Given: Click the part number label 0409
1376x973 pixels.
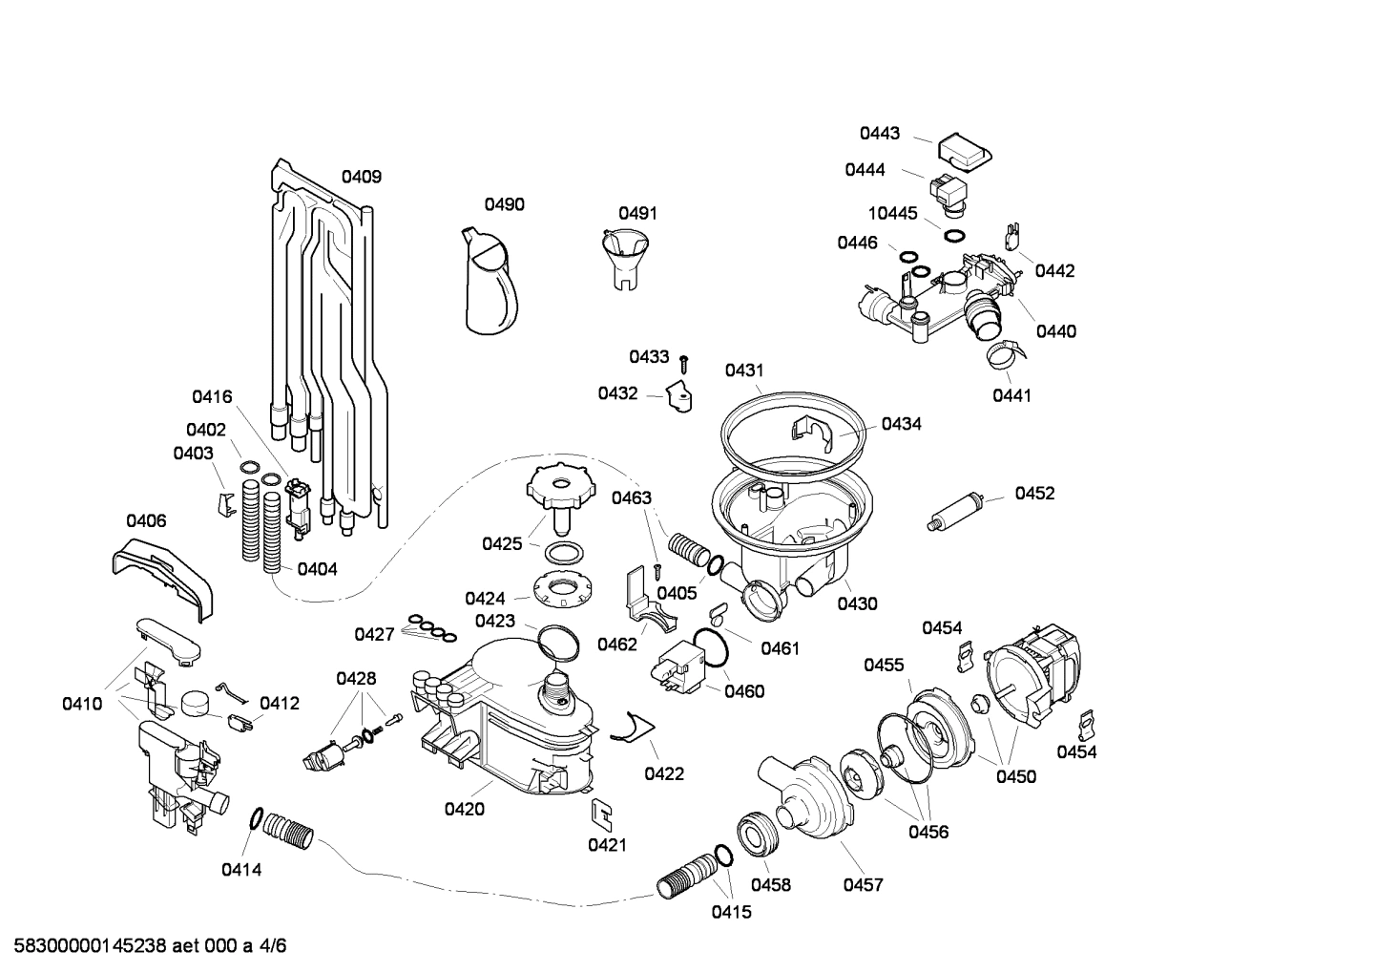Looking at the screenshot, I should click(362, 177).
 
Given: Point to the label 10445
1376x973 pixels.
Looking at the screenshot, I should click(891, 213).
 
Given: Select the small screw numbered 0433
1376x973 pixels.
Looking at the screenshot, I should click(684, 362).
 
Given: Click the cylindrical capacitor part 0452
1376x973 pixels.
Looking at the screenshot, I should click(954, 512).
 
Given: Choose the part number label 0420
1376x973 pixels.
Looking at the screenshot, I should click(464, 810).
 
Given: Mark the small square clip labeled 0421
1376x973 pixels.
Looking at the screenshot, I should click(601, 813).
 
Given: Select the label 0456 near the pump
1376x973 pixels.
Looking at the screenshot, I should click(928, 832).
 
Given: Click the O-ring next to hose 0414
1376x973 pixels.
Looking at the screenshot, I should click(257, 817).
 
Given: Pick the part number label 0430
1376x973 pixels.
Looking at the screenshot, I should click(857, 603).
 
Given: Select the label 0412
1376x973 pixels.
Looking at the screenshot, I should click(280, 704).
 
